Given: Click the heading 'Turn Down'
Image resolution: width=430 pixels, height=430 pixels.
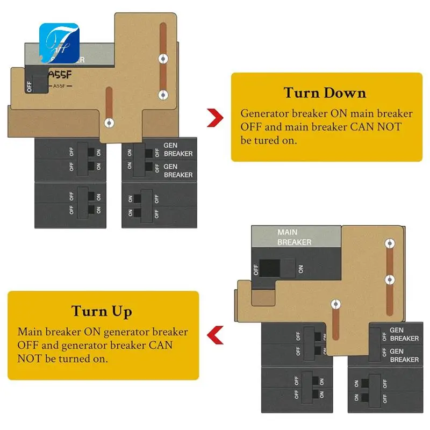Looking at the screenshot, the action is (325, 92).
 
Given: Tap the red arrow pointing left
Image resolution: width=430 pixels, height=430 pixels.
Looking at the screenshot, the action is (216, 335).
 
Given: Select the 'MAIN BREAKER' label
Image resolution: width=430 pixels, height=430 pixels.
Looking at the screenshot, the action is (294, 237).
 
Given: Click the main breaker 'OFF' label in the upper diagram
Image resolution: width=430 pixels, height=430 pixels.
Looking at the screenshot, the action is (29, 86).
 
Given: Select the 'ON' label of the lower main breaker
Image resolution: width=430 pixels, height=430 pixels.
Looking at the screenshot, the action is (300, 269).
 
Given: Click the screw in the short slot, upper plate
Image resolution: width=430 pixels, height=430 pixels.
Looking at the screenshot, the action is (109, 123).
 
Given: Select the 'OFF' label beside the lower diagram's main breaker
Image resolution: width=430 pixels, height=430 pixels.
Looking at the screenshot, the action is (256, 269).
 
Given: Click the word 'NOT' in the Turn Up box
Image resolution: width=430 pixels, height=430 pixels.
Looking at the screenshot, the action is (30, 358).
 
